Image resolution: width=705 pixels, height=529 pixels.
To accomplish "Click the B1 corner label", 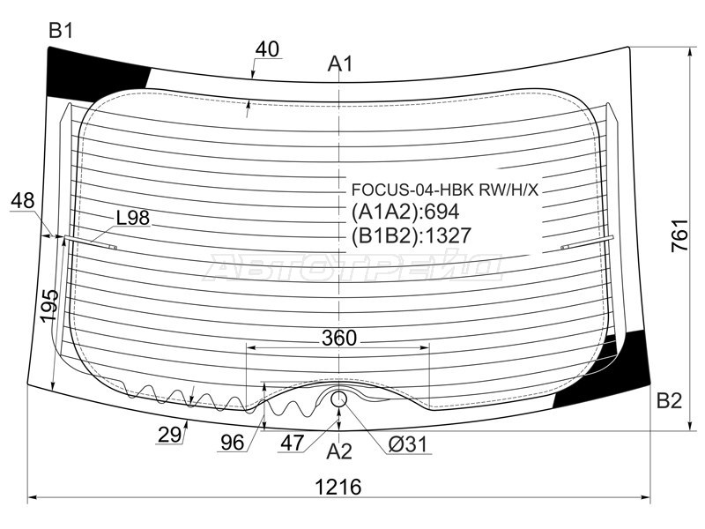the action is [61, 32].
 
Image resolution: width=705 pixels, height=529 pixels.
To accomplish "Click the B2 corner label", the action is [669, 400].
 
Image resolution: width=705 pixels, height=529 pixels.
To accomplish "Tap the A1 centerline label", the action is [340, 63].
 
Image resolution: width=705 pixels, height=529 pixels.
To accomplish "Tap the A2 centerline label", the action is [339, 451].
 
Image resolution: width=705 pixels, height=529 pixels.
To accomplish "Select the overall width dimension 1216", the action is [338, 487].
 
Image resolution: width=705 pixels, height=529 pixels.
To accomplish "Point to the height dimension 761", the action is [679, 235].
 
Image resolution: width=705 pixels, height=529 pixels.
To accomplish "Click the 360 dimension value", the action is [339, 338].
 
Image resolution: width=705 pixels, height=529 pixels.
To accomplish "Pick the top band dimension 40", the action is [267, 49].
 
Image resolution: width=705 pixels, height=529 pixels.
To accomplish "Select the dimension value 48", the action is [23, 200].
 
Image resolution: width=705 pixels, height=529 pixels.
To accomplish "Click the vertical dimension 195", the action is [49, 306].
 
